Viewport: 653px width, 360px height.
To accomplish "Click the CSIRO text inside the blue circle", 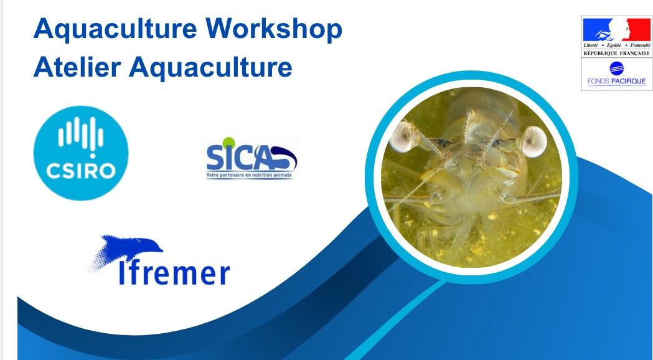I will [x=80, y=169].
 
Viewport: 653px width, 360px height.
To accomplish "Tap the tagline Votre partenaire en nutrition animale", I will [x=250, y=176].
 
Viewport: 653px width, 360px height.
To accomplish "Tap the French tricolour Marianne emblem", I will [x=616, y=29].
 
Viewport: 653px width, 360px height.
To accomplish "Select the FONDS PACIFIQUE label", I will [x=616, y=82].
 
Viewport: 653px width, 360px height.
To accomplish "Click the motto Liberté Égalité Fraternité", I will [x=616, y=46].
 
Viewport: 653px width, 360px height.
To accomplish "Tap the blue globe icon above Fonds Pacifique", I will [x=616, y=68].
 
